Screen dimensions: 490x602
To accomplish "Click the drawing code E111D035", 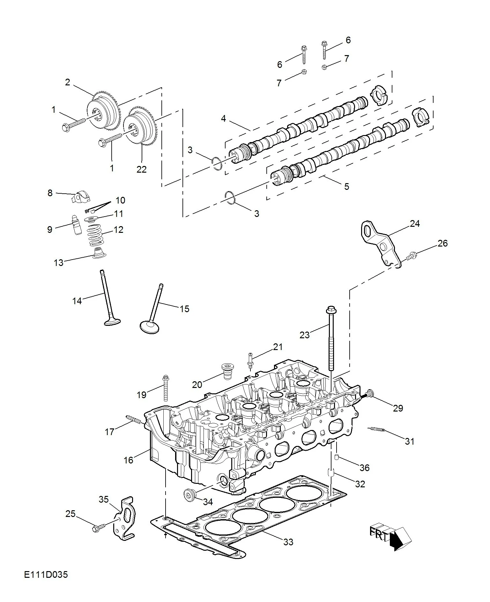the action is (x=46, y=575).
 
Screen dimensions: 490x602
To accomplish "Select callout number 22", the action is (x=141, y=169).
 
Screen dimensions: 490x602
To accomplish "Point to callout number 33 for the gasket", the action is (x=288, y=542).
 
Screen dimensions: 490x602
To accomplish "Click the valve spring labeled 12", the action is (x=95, y=235).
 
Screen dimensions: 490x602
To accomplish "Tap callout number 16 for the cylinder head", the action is (x=128, y=460).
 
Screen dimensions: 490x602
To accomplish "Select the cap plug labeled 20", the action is (x=226, y=370).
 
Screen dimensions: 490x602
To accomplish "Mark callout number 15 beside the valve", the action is (x=184, y=309).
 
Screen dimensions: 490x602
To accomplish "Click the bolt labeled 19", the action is (x=166, y=388).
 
